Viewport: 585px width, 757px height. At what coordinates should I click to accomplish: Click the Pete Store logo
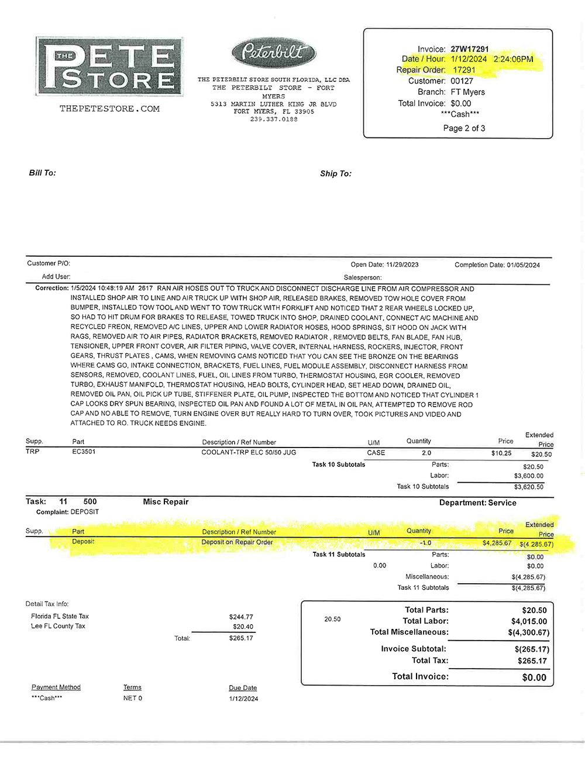pyautogui.click(x=109, y=67)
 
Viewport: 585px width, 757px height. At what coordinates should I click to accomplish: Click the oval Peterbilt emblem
pyautogui.click(x=274, y=53)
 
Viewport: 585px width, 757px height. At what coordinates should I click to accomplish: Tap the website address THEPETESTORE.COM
pyautogui.click(x=109, y=109)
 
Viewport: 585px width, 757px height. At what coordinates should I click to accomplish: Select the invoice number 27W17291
pyautogui.click(x=469, y=49)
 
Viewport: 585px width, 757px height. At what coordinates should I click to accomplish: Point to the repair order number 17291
pyautogui.click(x=464, y=70)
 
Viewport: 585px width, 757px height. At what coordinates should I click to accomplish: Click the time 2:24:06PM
pyautogui.click(x=513, y=59)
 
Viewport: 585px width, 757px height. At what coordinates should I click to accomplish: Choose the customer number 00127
pyautogui.click(x=462, y=81)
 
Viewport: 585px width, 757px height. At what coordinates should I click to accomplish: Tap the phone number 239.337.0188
pyautogui.click(x=274, y=119)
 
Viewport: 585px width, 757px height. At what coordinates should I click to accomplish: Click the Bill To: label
pyautogui.click(x=43, y=173)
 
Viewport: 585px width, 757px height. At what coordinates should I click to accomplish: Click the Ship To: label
pyautogui.click(x=336, y=174)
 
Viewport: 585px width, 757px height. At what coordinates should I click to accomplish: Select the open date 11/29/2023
pyautogui.click(x=402, y=265)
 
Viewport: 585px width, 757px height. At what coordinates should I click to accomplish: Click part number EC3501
pyautogui.click(x=84, y=452)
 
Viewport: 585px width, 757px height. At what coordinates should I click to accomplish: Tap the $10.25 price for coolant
pyautogui.click(x=501, y=453)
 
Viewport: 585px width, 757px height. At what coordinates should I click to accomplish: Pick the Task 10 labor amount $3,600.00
pyautogui.click(x=528, y=476)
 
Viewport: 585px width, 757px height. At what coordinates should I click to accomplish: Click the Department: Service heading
pyautogui.click(x=477, y=503)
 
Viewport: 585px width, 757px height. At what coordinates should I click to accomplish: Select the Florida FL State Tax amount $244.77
pyautogui.click(x=241, y=617)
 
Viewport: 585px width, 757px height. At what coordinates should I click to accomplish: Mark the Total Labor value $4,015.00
pyautogui.click(x=529, y=621)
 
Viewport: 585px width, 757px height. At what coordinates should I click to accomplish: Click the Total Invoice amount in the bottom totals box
pyautogui.click(x=534, y=677)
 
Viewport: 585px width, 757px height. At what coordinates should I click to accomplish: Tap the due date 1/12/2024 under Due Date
pyautogui.click(x=243, y=698)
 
